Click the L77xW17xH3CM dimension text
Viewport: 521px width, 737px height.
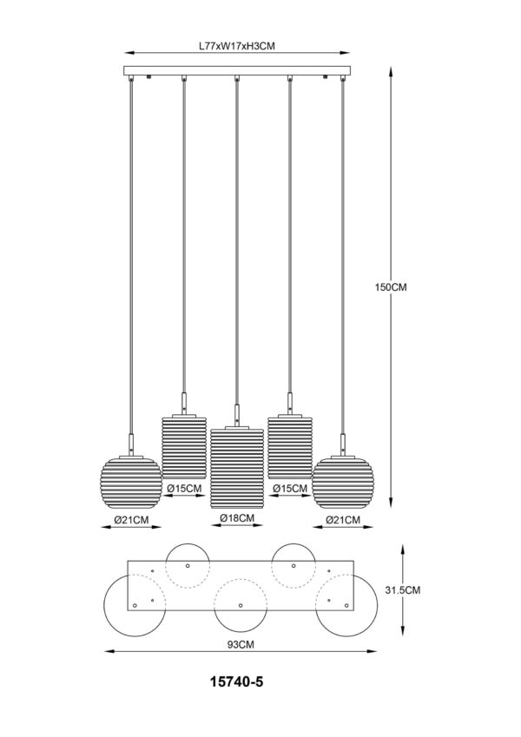[x=237, y=50]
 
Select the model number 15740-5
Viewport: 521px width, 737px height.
[x=237, y=682]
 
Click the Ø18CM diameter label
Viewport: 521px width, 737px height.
[x=237, y=518]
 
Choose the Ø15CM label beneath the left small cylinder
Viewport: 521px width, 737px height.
[x=184, y=489]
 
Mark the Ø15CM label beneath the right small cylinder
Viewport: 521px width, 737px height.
[x=290, y=489]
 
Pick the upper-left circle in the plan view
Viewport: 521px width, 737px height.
[x=188, y=565]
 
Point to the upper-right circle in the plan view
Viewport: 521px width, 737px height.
[x=293, y=565]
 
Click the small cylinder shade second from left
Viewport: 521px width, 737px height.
[x=184, y=447]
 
